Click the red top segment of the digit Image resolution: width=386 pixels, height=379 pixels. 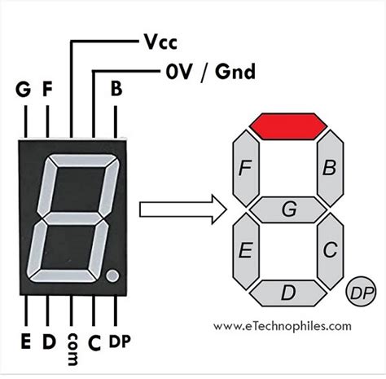coord(288,126)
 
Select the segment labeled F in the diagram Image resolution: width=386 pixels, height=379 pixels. coord(244,168)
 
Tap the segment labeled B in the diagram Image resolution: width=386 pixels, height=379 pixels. coord(330,168)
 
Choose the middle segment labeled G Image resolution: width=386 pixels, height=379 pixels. coord(288,209)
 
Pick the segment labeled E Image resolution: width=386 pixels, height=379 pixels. coord(244,250)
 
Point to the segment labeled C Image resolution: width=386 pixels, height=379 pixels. coord(330,250)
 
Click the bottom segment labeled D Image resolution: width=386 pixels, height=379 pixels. coord(288,292)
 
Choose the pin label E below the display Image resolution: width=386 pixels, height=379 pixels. coord(24,342)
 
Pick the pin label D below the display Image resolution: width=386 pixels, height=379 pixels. coord(48,342)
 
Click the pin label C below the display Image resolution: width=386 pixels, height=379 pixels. coord(94,342)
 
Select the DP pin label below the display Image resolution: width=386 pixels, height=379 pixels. coord(120,342)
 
